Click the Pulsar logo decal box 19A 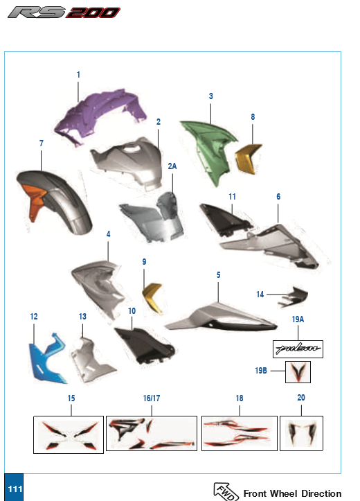coord(296,347)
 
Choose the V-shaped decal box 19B coord(300,373)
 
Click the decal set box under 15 coord(69,434)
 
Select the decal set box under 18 coord(239,434)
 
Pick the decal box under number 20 coord(301,434)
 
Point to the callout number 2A coord(172,167)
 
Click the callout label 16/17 coord(151,398)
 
